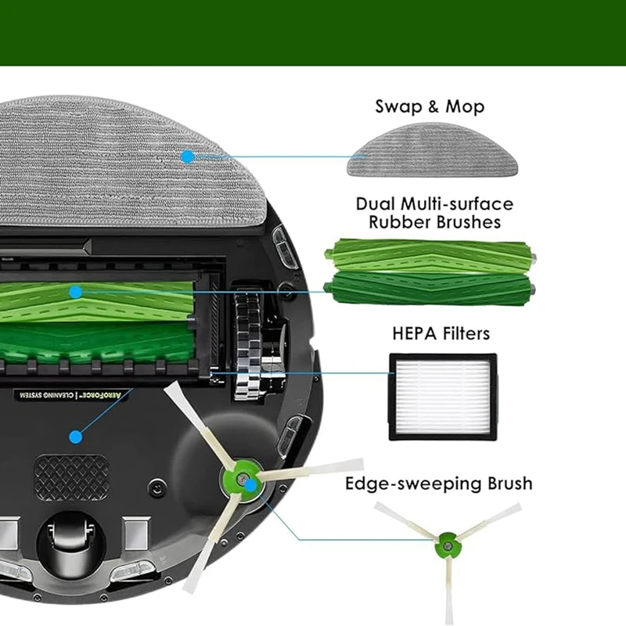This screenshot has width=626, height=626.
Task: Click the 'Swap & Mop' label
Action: [430, 106]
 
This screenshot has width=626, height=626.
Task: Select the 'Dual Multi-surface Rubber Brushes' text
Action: [434, 213]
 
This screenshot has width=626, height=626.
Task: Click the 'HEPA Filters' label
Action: [441, 334]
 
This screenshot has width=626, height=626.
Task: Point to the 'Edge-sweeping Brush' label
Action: [439, 484]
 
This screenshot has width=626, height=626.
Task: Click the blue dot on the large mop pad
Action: [187, 156]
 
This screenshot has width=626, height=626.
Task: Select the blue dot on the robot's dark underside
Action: [75, 437]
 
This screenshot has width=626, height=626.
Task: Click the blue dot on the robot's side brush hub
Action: [250, 485]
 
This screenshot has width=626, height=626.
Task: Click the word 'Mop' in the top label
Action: [465, 106]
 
